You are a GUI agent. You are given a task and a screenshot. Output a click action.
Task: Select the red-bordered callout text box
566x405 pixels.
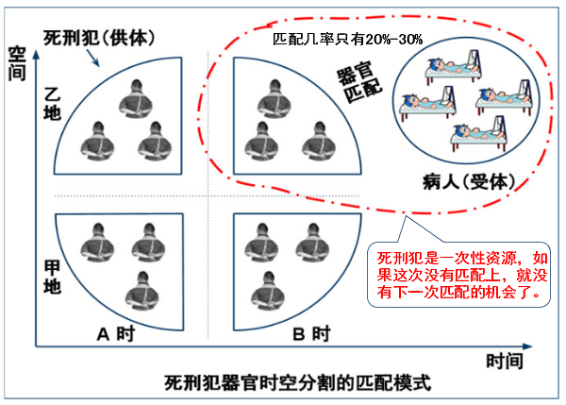click(460, 275)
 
